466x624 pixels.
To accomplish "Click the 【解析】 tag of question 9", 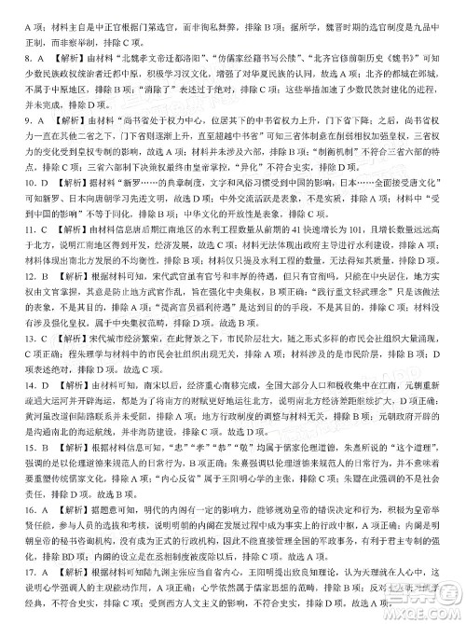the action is coord(48,122).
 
